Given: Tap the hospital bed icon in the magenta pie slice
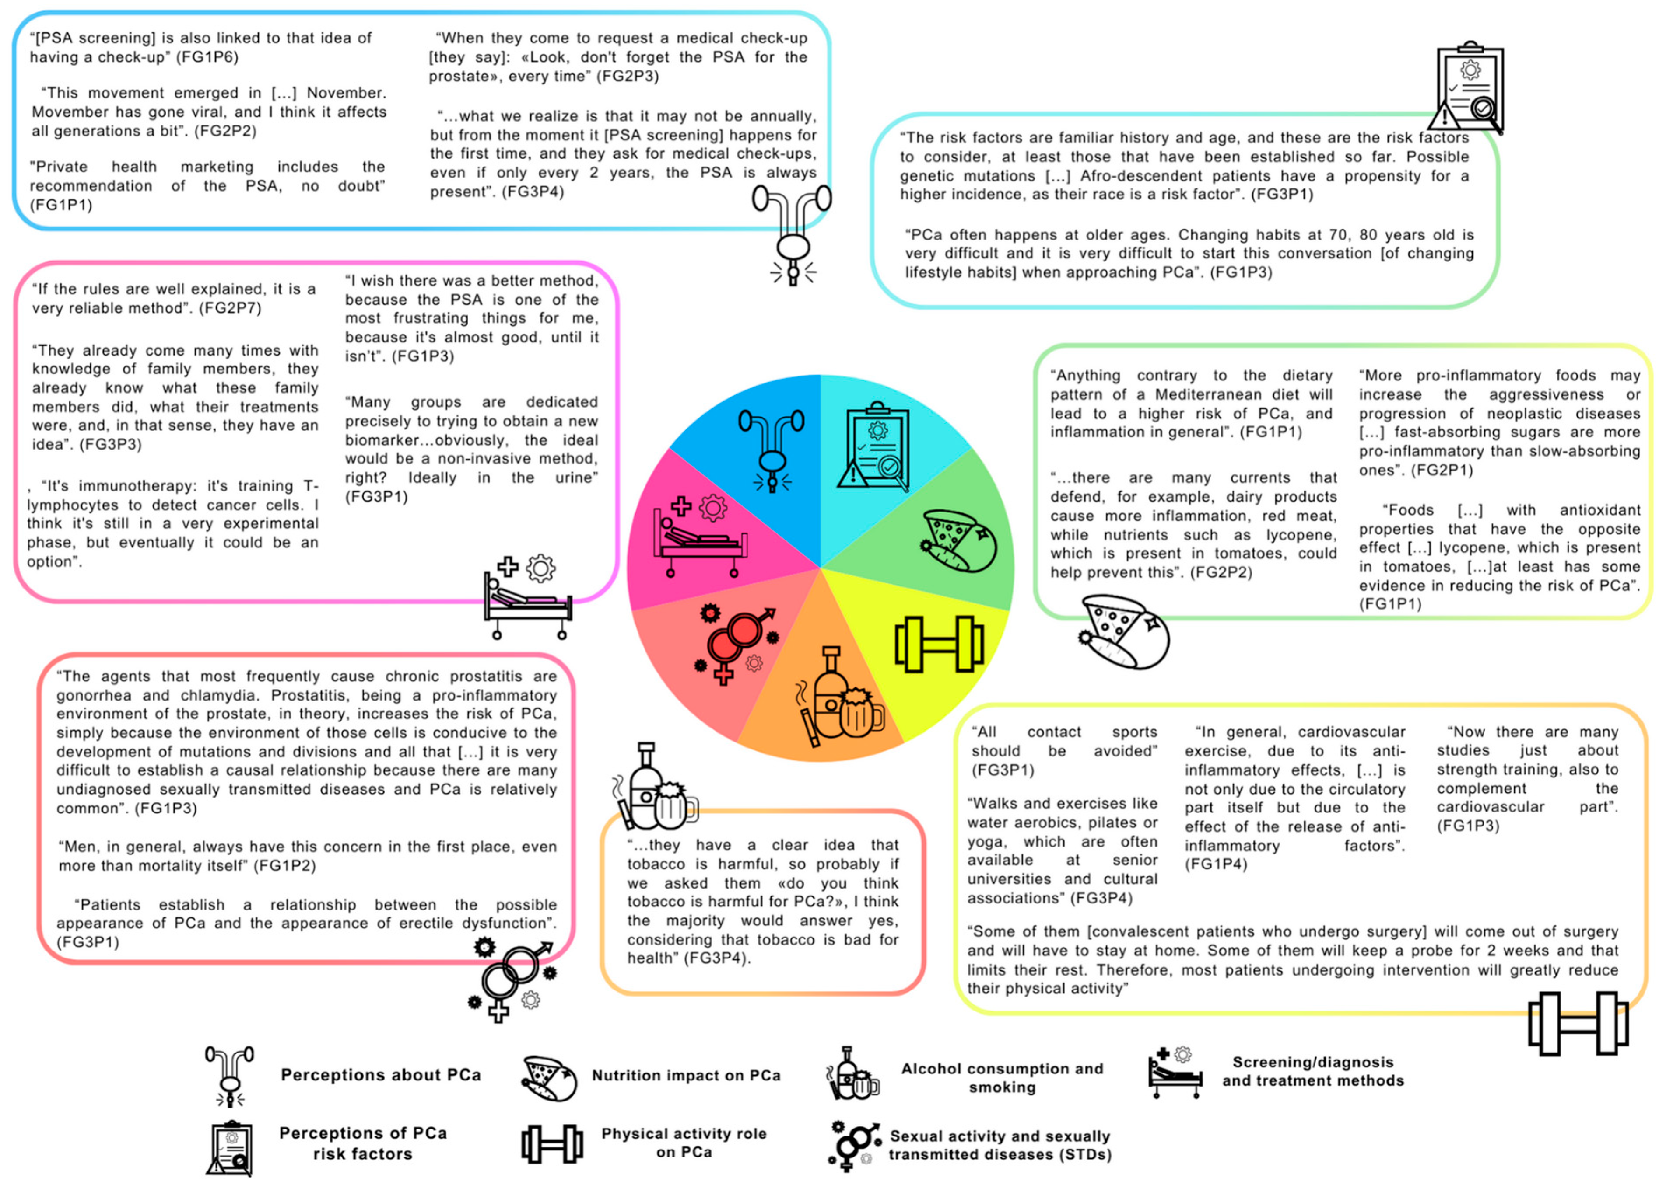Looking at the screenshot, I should coord(699,537).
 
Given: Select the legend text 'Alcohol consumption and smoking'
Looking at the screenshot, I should coord(1002,1078).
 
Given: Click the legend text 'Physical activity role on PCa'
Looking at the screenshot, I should coord(684,1143).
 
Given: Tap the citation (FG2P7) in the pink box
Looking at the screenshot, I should coord(230,308).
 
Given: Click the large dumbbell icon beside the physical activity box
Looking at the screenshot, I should coord(1578,1024).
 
